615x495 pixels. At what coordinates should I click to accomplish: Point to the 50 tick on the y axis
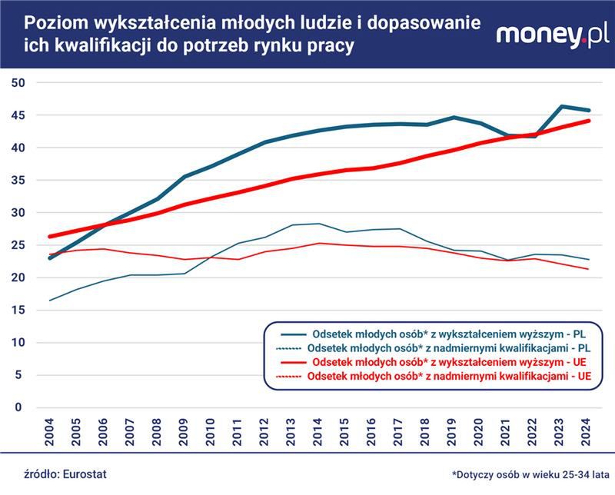pyautogui.click(x=19, y=82)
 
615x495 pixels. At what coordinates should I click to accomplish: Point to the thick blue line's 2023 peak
pyautogui.click(x=562, y=106)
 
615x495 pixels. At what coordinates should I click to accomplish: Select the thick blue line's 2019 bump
pyautogui.click(x=454, y=118)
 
